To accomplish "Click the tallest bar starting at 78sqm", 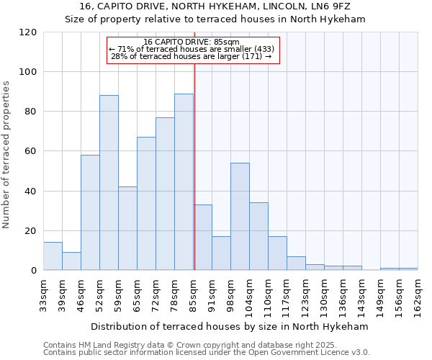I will click(184, 182).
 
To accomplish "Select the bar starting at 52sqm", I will click(109, 183).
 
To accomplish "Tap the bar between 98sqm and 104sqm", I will click(240, 217).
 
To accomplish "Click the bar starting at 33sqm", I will click(53, 256).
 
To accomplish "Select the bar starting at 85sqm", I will click(202, 238).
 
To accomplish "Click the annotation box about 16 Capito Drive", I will click(192, 50).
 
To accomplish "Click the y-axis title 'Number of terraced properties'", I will click(8, 154).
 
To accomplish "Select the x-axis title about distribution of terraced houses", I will click(230, 326).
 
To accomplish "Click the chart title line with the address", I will click(215, 6).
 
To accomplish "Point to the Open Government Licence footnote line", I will click(207, 353).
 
